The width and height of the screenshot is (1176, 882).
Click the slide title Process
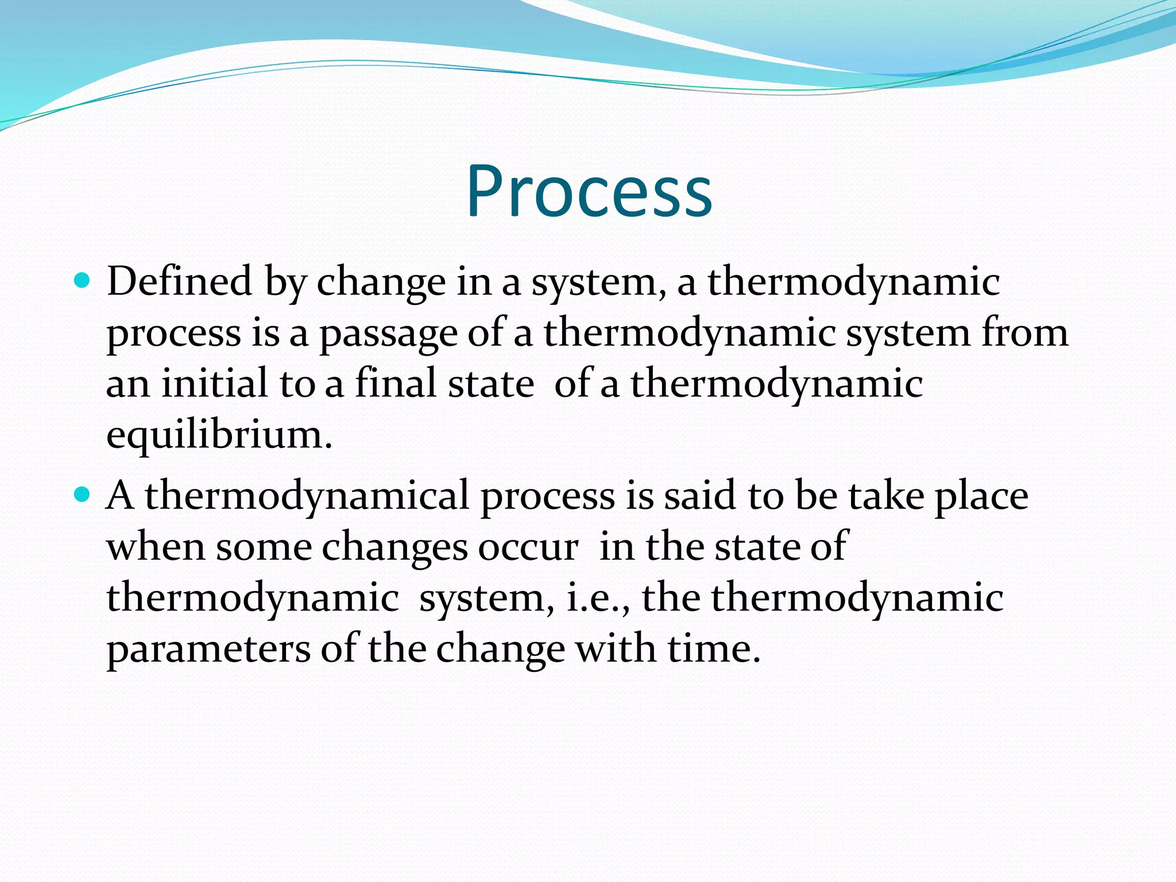pos(589,191)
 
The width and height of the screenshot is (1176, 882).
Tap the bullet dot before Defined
pos(83,281)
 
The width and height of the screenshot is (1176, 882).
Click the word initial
pos(214,384)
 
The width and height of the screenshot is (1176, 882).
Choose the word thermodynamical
pos(307,496)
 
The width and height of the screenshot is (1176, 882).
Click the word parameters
pos(208,649)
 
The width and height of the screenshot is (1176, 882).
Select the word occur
pos(528,547)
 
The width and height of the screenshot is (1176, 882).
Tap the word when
pos(156,547)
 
